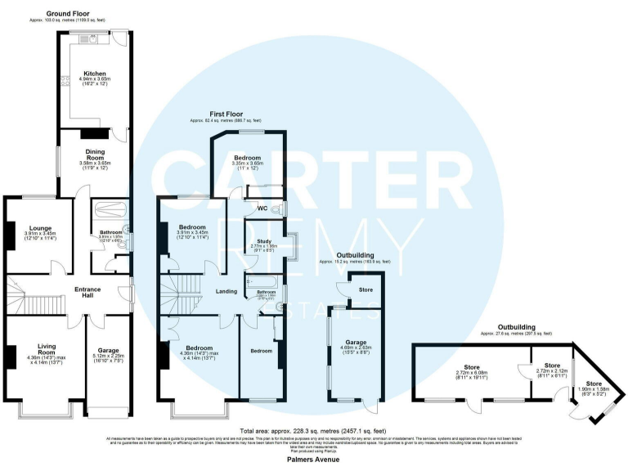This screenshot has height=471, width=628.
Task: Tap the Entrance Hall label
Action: pyautogui.click(x=89, y=291)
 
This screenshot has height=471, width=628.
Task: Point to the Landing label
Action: pyautogui.click(x=227, y=291)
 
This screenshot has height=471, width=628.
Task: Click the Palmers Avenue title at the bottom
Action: pyautogui.click(x=313, y=460)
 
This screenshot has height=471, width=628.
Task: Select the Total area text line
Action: pyautogui.click(x=313, y=430)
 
